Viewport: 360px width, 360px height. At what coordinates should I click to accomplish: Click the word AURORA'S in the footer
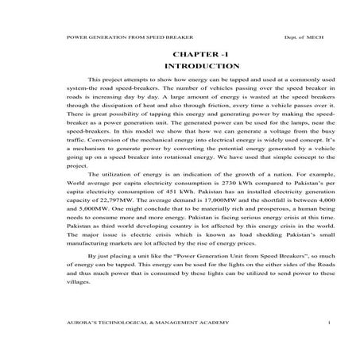pos(84,325)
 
